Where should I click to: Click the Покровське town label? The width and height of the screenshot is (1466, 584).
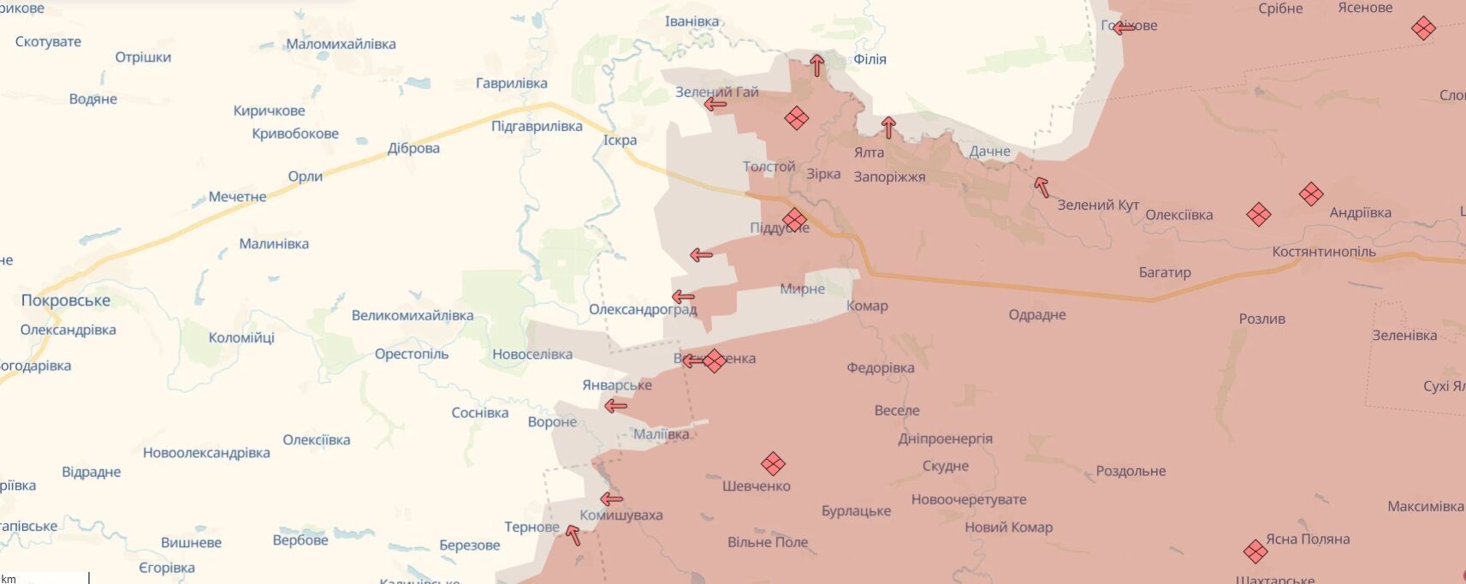[x=66, y=301]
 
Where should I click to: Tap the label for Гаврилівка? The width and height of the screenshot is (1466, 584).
[x=512, y=83]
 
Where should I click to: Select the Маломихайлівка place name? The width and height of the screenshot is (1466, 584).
[x=341, y=44]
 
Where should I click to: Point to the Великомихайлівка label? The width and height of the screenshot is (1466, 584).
[x=412, y=315]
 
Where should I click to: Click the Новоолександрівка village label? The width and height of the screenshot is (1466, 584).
[x=206, y=453]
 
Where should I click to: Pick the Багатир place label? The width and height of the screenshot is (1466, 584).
[x=1165, y=272]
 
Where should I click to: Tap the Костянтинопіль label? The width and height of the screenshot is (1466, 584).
[x=1324, y=252]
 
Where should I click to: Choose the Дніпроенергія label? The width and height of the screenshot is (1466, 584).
[x=946, y=438]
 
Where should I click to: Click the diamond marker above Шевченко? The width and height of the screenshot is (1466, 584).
[x=773, y=464]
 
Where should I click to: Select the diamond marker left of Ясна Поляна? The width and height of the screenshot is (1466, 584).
[x=1255, y=551]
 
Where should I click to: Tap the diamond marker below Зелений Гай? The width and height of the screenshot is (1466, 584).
[x=796, y=118]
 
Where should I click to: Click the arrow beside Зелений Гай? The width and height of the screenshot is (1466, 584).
[x=715, y=104]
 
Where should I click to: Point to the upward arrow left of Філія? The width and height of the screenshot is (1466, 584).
[x=817, y=65]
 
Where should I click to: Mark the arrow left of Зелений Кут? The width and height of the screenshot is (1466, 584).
[x=1041, y=187]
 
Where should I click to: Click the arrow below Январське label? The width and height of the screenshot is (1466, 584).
[x=615, y=406]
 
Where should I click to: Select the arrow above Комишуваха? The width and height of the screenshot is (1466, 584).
[x=611, y=499]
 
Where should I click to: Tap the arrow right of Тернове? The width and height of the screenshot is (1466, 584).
[x=573, y=535]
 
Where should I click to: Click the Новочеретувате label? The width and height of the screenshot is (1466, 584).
[x=969, y=499]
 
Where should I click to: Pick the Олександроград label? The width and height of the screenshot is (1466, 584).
[x=643, y=309]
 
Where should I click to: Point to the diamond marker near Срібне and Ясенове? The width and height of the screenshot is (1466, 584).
[x=1423, y=28]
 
